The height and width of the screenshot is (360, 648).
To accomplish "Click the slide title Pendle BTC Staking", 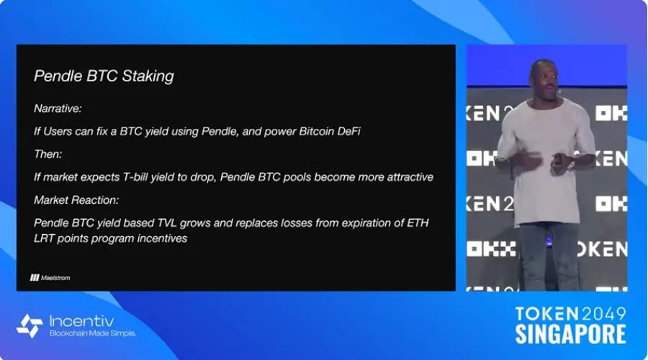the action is tap(104, 76).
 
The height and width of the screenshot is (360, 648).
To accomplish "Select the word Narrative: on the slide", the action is tap(58, 109).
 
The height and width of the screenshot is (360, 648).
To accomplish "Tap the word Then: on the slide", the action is tap(48, 154).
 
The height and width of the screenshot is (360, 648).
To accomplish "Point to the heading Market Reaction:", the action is tap(76, 200).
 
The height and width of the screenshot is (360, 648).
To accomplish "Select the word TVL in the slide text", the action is tap(167, 223).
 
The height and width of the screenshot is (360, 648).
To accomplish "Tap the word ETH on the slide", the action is tap(418, 223).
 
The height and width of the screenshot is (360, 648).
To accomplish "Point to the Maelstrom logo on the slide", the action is tap(50, 278).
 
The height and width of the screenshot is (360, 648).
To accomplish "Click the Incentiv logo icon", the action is tap(30, 326).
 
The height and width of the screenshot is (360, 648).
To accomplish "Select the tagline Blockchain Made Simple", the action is tap(93, 333).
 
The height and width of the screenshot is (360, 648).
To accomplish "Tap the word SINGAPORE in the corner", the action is tap(570, 334).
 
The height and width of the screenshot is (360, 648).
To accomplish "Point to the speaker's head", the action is tap(543, 79).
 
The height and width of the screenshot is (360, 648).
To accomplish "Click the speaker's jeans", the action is tap(549, 256).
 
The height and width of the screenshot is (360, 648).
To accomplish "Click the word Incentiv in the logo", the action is tap(81, 321).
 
